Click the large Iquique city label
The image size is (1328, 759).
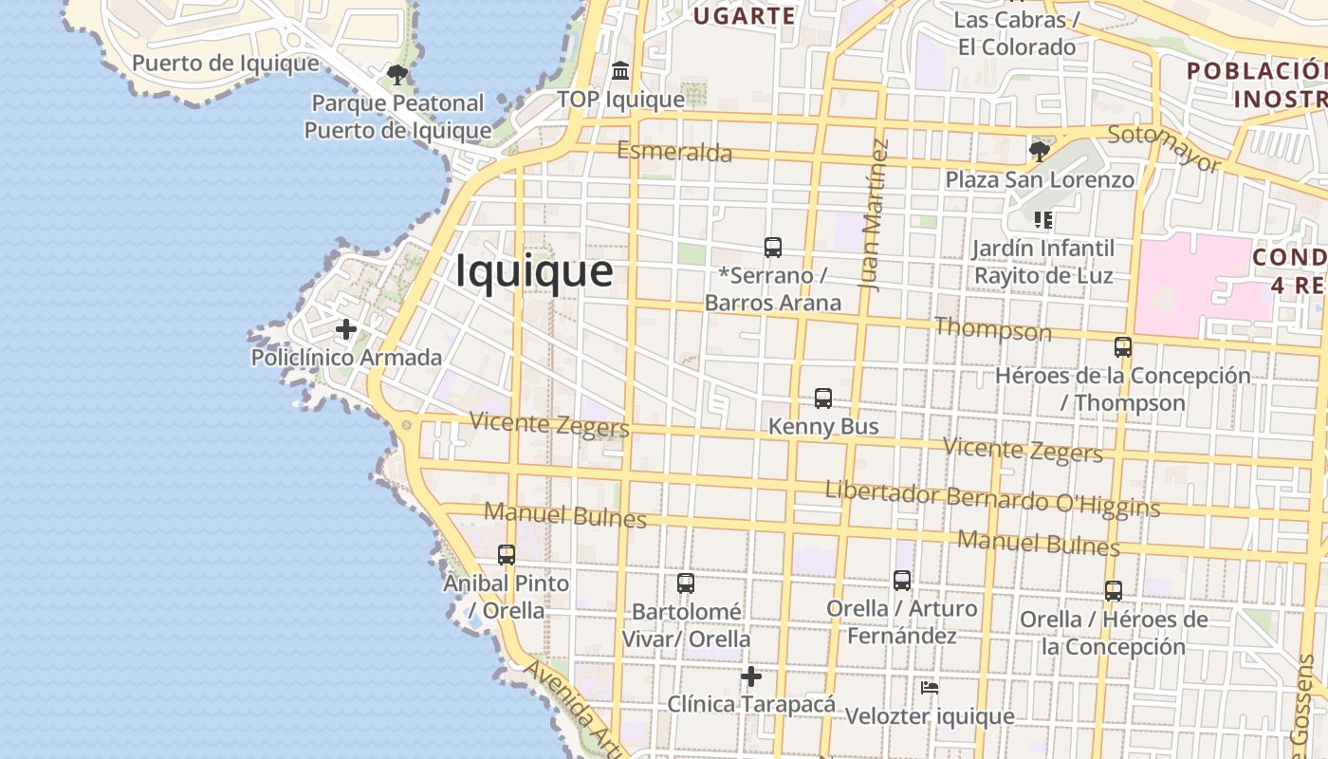pos(534,271)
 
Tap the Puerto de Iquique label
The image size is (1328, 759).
pos(226,64)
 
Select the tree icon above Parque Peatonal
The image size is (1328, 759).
pos(397,74)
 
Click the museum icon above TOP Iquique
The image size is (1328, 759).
pos(620,70)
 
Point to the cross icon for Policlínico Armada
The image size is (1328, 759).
pos(346,329)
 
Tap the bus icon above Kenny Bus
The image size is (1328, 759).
pos(823,398)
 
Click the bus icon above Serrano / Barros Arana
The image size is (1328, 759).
pos(773,248)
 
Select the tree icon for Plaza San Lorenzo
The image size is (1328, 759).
pos(1040,151)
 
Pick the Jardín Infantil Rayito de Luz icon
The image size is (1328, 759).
pos(1043,220)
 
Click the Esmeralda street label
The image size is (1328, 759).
pos(674,152)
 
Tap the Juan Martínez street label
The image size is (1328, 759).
pos(876,214)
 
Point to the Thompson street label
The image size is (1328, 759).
pos(993,329)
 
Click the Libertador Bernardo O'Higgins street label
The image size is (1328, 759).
pos(992,499)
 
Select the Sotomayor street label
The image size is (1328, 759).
pos(1163,147)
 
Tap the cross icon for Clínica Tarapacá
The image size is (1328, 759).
pos(751,676)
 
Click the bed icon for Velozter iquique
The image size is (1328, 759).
pos(930,688)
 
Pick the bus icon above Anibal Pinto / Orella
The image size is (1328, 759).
pos(507,554)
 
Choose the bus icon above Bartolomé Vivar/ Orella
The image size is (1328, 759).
pos(686,583)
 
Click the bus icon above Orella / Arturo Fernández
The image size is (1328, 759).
pos(902,580)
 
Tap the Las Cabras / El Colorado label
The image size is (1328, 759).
pos(1017,33)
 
